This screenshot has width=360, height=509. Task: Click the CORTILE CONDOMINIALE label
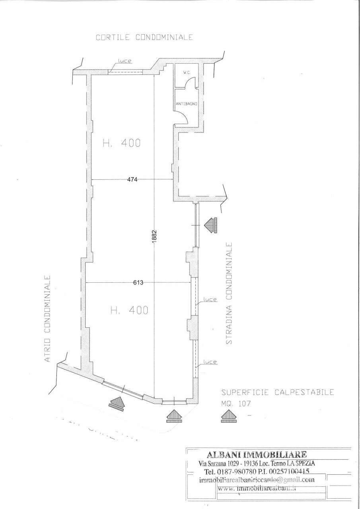coord(144,37)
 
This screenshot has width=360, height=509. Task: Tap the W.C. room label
coord(186,73)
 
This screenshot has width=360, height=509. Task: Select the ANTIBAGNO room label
coord(187,103)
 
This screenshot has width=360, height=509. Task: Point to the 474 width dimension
coord(132,179)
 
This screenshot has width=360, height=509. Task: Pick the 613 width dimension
coord(138,282)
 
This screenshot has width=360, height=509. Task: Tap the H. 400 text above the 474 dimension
coord(121,143)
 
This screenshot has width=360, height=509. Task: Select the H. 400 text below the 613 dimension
coord(129,310)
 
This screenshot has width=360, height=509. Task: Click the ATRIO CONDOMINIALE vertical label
coord(47,319)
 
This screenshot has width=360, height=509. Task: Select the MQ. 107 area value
coord(236,403)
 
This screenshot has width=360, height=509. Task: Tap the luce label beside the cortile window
coord(124,61)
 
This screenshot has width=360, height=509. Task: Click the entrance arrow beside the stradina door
coord(210,225)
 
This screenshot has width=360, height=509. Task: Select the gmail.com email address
coord(257,480)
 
